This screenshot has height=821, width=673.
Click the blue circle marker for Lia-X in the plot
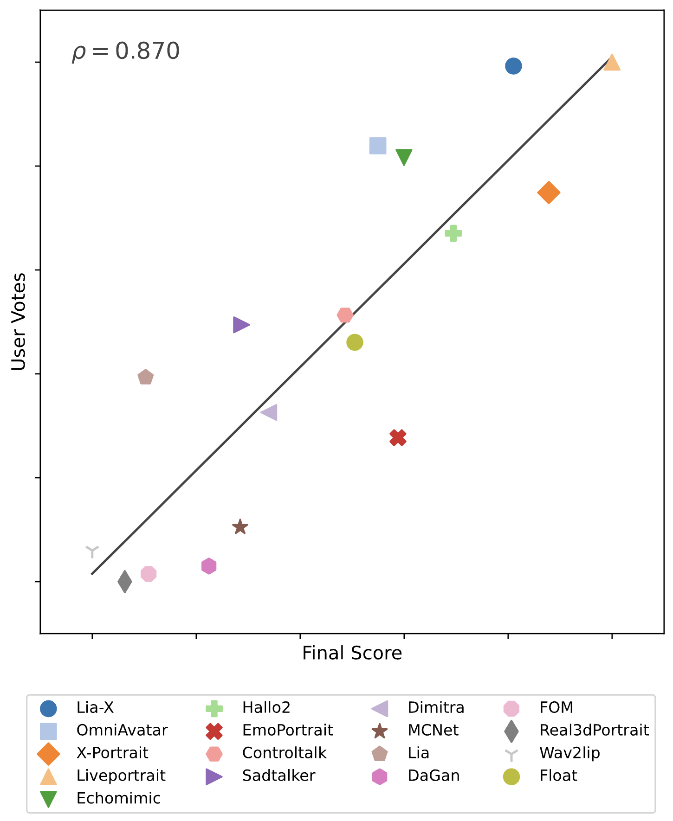pyautogui.click(x=513, y=66)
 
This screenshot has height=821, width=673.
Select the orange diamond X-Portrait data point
pyautogui.click(x=549, y=192)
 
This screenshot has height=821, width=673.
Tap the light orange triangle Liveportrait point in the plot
pyautogui.click(x=612, y=63)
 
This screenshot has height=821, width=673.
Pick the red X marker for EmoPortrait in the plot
pyautogui.click(x=398, y=437)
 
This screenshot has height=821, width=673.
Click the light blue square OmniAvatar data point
pyautogui.click(x=378, y=146)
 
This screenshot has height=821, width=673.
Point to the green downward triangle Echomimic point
pyautogui.click(x=404, y=157)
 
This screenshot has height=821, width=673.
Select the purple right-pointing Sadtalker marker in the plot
pyautogui.click(x=240, y=325)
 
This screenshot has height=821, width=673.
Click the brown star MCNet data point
pyautogui.click(x=240, y=527)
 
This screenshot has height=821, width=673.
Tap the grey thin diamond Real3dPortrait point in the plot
pyautogui.click(x=124, y=582)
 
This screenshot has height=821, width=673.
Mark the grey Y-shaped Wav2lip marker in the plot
pyautogui.click(x=92, y=551)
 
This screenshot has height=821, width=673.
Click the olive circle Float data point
pyautogui.click(x=355, y=342)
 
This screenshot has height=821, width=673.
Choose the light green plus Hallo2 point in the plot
pyautogui.click(x=453, y=233)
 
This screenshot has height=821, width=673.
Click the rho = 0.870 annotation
pyautogui.click(x=125, y=51)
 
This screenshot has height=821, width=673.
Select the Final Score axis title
pyautogui.click(x=352, y=653)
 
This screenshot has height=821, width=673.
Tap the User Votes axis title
pyautogui.click(x=19, y=322)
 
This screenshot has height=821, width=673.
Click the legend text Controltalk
pyautogui.click(x=284, y=753)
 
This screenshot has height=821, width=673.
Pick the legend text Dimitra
pyautogui.click(x=435, y=708)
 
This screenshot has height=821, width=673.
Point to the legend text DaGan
pyautogui.click(x=434, y=776)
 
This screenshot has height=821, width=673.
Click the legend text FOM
pyautogui.click(x=556, y=708)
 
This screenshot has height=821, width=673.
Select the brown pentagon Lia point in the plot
pyautogui.click(x=146, y=377)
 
